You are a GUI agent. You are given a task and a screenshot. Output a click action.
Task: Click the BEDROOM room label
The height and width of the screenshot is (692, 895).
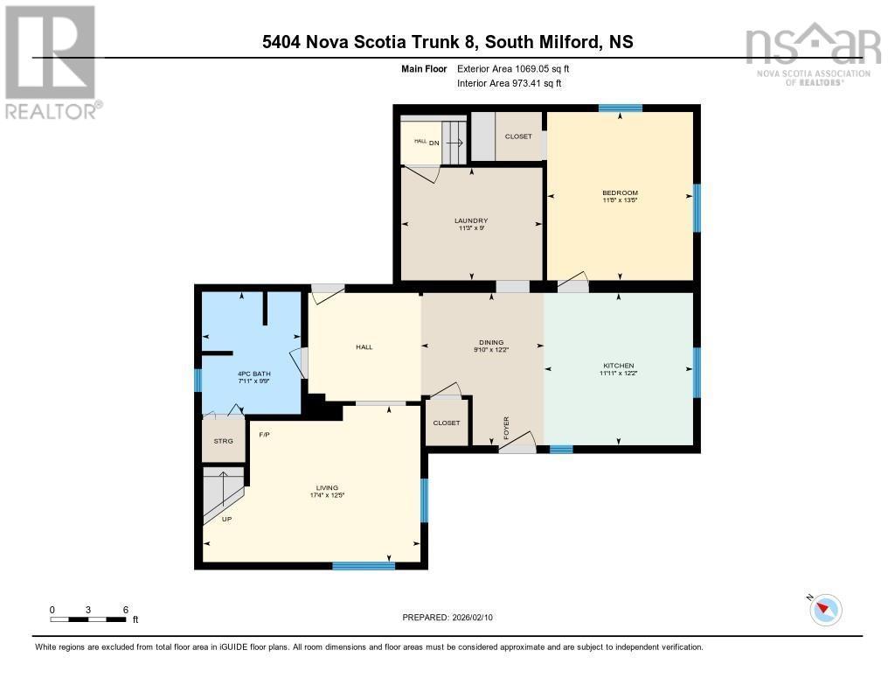click(620, 193)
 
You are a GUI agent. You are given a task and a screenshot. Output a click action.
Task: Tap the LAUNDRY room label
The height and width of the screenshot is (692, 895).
click(471, 220)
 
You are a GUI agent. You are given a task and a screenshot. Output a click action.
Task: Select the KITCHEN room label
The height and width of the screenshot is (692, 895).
click(619, 366)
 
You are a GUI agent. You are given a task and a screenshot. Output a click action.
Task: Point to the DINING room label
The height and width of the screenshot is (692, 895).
click(491, 342)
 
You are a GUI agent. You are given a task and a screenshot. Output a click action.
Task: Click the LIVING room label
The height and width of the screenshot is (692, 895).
click(327, 488)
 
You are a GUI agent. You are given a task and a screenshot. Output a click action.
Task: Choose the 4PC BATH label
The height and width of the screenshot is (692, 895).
click(254, 374)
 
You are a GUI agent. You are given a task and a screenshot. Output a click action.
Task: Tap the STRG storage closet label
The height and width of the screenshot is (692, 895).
click(223, 441)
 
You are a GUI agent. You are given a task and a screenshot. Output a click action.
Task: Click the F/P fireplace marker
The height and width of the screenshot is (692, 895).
click(264, 435)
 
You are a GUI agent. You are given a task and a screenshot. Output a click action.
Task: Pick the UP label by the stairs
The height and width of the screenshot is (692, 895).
click(226, 520)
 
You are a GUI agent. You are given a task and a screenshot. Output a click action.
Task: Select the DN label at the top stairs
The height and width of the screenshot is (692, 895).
click(434, 143)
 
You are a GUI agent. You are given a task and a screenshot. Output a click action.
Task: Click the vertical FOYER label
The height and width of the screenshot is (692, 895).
click(506, 428)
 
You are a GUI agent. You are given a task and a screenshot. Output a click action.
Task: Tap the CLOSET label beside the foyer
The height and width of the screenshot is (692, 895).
click(447, 423)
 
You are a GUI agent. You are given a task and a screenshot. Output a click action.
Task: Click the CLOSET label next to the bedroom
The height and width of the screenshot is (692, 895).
click(518, 136)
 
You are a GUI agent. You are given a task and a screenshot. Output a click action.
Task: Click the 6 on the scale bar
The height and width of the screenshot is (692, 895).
click(126, 610)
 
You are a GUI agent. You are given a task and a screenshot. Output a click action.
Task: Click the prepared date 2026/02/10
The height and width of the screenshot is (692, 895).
click(472, 618)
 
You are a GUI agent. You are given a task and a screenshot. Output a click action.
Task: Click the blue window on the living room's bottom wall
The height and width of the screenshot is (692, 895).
click(364, 566)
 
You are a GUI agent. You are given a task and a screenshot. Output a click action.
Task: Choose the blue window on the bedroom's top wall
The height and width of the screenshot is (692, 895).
click(621, 108)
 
